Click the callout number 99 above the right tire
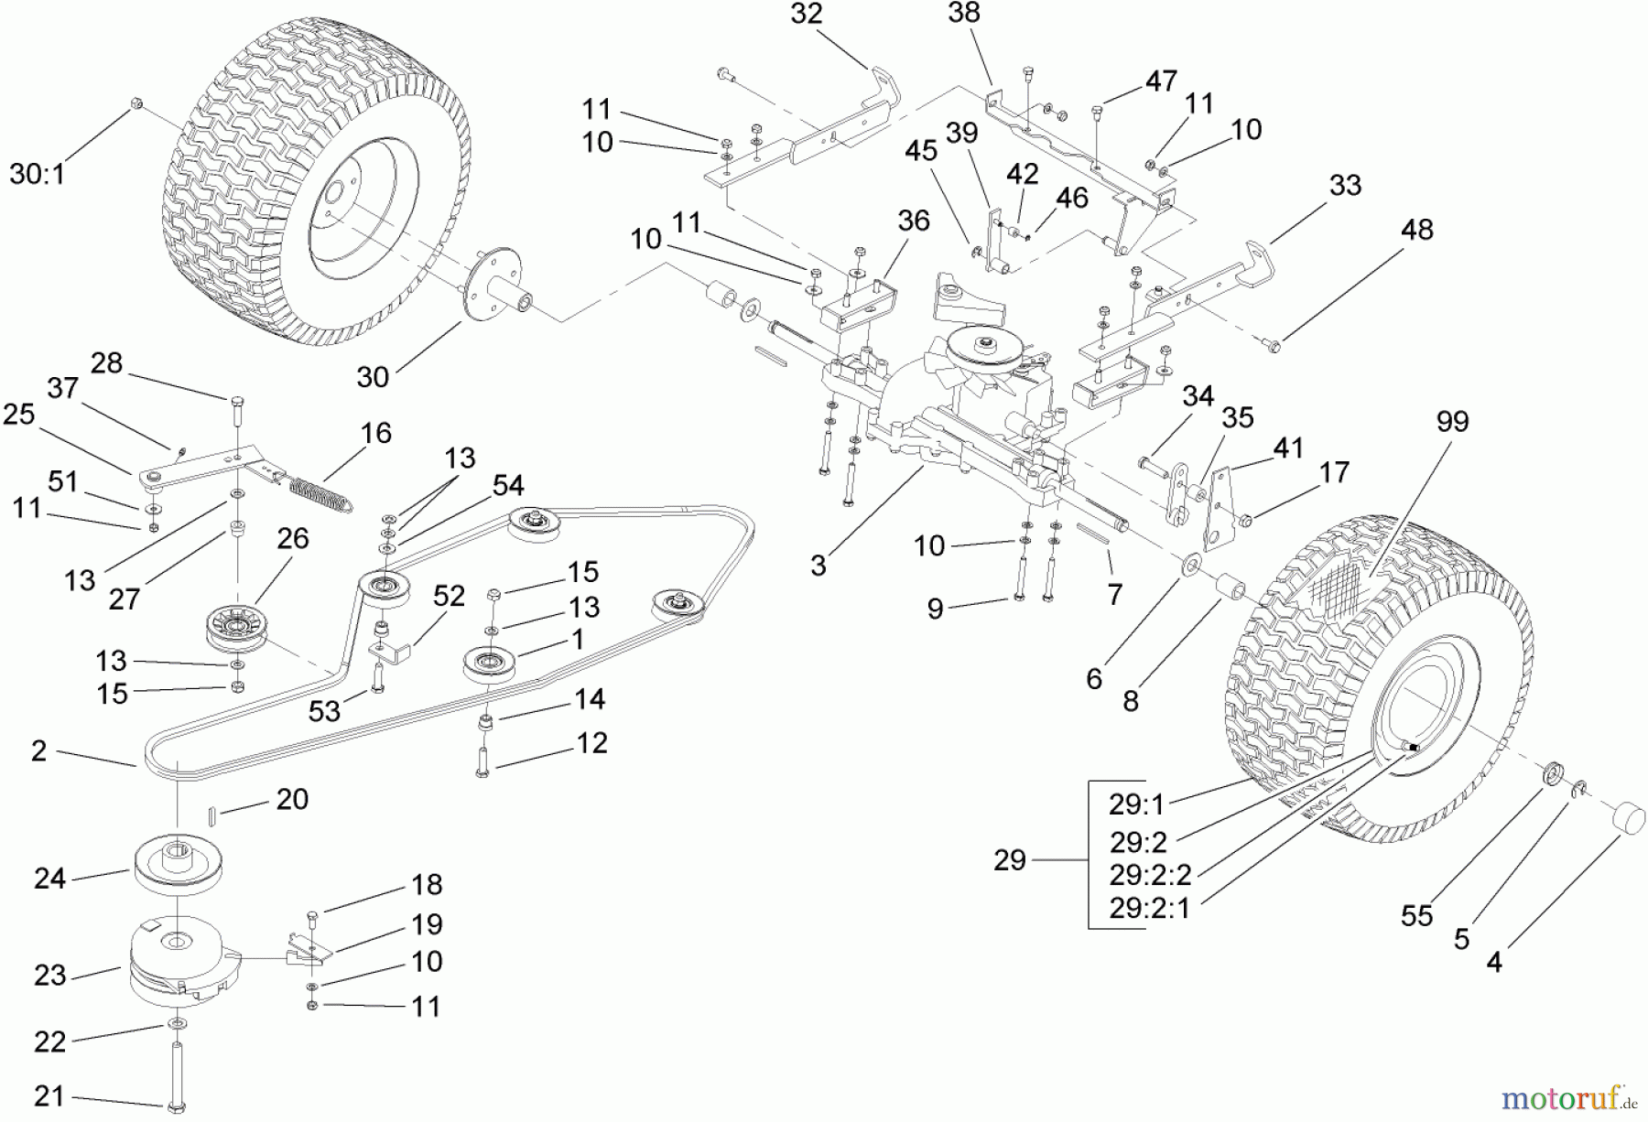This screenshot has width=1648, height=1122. (x=1452, y=422)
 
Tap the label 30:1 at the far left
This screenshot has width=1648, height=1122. (x=38, y=173)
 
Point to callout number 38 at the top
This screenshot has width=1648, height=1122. (x=964, y=13)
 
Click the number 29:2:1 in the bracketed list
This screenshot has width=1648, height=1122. (x=1150, y=910)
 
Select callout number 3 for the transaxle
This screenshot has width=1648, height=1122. (x=818, y=566)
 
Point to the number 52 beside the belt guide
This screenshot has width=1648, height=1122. (x=449, y=596)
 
